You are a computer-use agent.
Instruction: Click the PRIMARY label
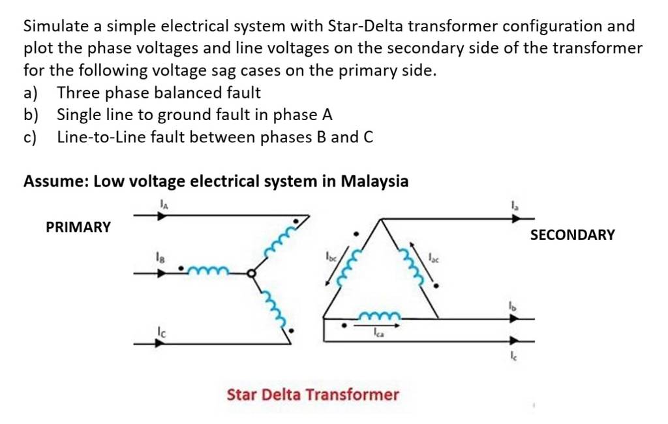78,227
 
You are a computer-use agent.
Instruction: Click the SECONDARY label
572,235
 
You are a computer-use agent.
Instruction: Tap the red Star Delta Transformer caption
312,395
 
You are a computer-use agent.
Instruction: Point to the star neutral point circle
252,273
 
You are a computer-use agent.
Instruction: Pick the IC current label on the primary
160,331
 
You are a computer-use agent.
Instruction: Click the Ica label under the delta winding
378,332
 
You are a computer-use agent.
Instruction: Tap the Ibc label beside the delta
331,256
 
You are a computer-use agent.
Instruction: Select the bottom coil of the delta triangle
380,316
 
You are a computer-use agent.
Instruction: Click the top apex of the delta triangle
380,219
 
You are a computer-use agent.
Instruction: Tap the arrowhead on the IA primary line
161,216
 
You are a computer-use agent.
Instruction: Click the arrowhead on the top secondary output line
516,219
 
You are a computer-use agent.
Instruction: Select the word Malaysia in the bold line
374,181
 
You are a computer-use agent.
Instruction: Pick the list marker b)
31,115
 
